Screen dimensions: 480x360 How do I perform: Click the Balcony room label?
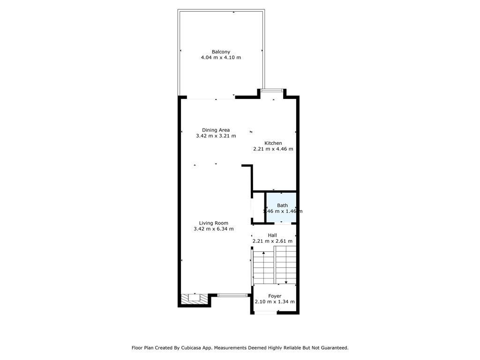click(x=221, y=52)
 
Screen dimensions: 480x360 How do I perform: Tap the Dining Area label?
click(x=216, y=130)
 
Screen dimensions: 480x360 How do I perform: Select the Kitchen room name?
click(x=273, y=143)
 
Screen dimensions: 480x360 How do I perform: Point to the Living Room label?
click(x=213, y=223)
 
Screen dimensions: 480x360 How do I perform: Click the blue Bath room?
click(x=281, y=207)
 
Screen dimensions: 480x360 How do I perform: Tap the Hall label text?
click(x=272, y=235)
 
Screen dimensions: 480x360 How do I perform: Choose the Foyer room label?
click(x=275, y=296)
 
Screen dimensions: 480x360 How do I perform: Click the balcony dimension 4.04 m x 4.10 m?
click(x=221, y=58)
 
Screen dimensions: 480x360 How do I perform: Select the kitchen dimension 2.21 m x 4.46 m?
click(x=273, y=149)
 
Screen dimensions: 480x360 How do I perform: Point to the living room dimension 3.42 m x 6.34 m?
click(x=213, y=229)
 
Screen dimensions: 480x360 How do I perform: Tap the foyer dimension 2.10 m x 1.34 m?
click(x=275, y=302)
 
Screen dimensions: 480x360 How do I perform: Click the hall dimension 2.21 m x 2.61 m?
click(x=272, y=241)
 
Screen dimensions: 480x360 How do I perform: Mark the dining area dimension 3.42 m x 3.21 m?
click(x=216, y=136)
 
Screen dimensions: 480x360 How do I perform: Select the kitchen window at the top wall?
click(x=272, y=90)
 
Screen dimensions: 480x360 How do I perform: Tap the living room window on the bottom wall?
click(x=232, y=295)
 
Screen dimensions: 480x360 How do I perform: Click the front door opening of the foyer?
click(x=266, y=313)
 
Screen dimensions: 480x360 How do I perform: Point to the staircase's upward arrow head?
click(x=263, y=253)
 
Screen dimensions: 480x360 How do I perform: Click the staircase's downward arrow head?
click(x=286, y=282)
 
